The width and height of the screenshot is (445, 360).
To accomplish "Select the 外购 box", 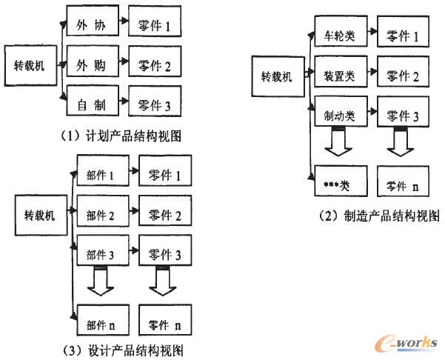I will point(90,66).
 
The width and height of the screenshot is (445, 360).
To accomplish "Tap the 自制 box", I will point(90,106).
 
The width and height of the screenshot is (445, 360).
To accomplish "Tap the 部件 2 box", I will point(101,216).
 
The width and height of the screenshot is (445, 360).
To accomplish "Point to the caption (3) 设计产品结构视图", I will point(123,349).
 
